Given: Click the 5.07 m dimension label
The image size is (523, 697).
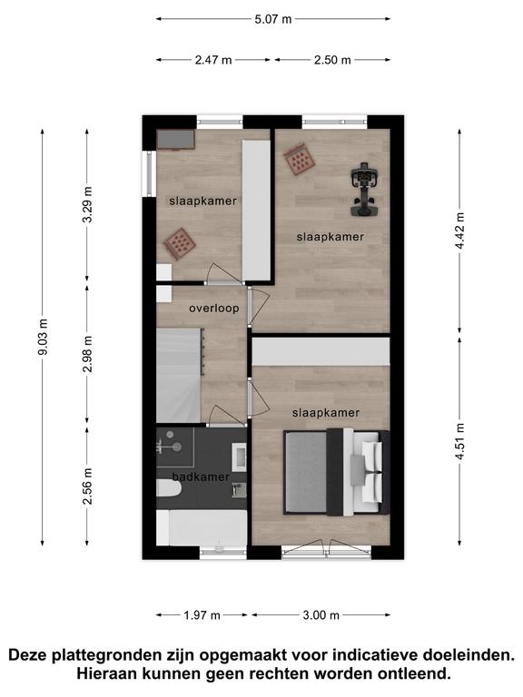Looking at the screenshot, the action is tap(273, 19).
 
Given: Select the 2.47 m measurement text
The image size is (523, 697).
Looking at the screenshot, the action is tap(213, 60).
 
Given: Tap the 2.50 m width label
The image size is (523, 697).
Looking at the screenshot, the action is tap(332, 60).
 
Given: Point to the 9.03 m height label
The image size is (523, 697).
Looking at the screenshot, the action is tap(44, 337).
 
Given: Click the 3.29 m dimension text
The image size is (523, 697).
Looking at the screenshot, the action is tap(88, 204).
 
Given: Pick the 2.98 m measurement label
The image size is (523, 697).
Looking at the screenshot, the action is tap(88, 354).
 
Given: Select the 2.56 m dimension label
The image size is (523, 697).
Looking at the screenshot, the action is tap(88, 486).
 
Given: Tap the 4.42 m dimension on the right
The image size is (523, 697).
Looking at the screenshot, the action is tap(460, 231).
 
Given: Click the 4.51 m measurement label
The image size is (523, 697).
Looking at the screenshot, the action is tap(460, 441).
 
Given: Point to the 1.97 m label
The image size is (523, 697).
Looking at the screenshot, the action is tap(202, 615).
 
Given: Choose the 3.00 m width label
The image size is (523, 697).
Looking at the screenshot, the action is tap(321, 615).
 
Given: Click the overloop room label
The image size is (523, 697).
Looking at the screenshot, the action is tap(214, 308).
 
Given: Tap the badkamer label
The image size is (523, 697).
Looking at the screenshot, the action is tap(201, 477).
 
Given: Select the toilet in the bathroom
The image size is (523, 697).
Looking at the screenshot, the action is tap(169, 488).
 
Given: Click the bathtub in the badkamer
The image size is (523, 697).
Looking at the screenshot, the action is tap(208, 527).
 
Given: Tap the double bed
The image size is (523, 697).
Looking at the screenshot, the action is tap(337, 472).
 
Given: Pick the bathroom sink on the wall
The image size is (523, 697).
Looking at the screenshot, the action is tap(240, 457).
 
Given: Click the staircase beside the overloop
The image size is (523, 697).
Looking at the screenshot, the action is tap(179, 375).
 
